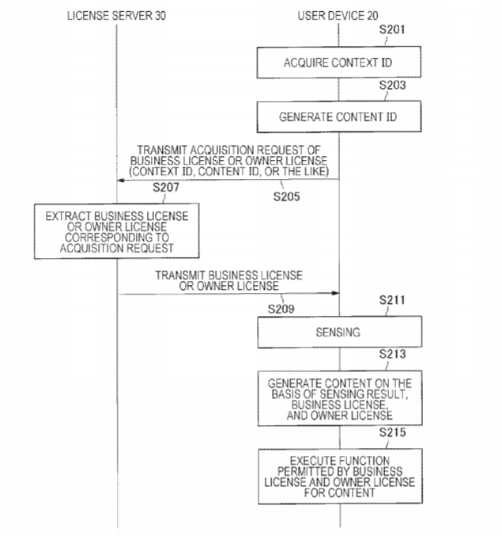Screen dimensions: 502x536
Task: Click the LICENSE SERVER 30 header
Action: (116, 16)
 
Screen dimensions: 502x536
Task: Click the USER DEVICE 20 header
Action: (338, 16)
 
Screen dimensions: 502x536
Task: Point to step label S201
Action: (392, 30)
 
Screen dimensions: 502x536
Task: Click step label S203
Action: (392, 86)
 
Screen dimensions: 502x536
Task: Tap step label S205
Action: (286, 196)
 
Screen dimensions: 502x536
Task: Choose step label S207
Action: (166, 188)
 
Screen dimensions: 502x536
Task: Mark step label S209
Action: (281, 309)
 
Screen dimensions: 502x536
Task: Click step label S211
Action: (392, 300)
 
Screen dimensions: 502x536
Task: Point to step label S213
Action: (392, 354)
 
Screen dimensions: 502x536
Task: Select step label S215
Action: (392, 432)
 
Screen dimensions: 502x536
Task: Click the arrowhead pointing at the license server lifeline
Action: (120, 181)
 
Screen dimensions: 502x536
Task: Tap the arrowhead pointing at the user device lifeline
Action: (335, 293)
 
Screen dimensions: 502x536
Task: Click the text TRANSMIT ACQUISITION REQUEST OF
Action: (228, 150)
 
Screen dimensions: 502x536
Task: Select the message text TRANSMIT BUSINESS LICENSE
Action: (228, 276)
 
